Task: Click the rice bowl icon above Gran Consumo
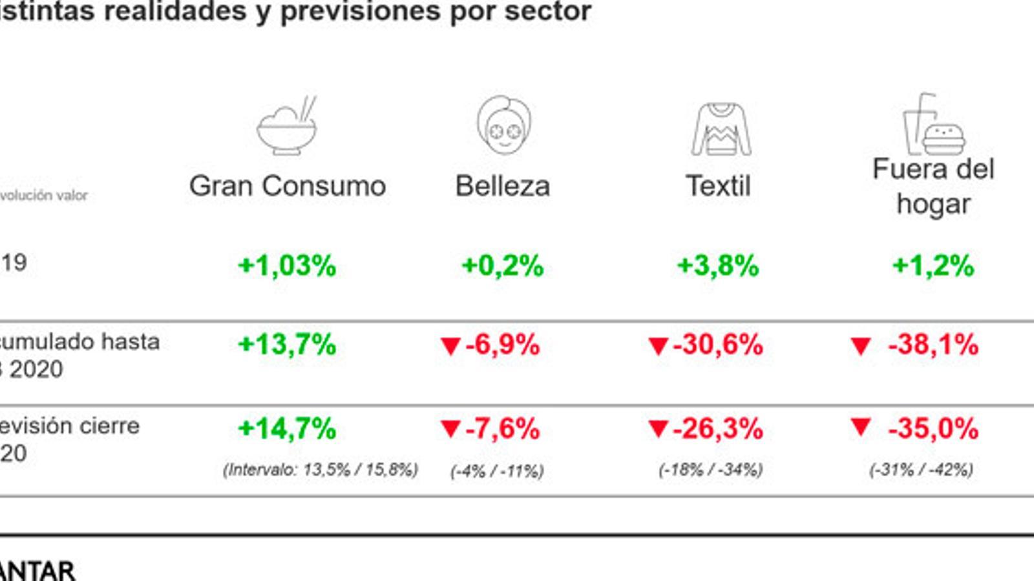pos(287,127)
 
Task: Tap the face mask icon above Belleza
pos(503,125)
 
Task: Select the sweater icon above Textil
pos(721,128)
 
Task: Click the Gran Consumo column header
pos(288,186)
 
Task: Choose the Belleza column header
pos(503,186)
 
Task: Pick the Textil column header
pos(718,186)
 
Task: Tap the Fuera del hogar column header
pos(933,187)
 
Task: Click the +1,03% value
pos(287,265)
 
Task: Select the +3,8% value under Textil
pos(718,265)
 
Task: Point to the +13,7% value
pos(287,344)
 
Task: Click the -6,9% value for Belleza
pos(502,344)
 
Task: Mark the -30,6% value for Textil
pos(717,344)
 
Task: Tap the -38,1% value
pos(933,344)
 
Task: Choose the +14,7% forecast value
pos(287,429)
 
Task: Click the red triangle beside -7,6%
pos(450,429)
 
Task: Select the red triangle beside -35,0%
pos(860,427)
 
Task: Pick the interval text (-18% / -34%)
pos(711,470)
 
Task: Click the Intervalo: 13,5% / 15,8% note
pos(321,470)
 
